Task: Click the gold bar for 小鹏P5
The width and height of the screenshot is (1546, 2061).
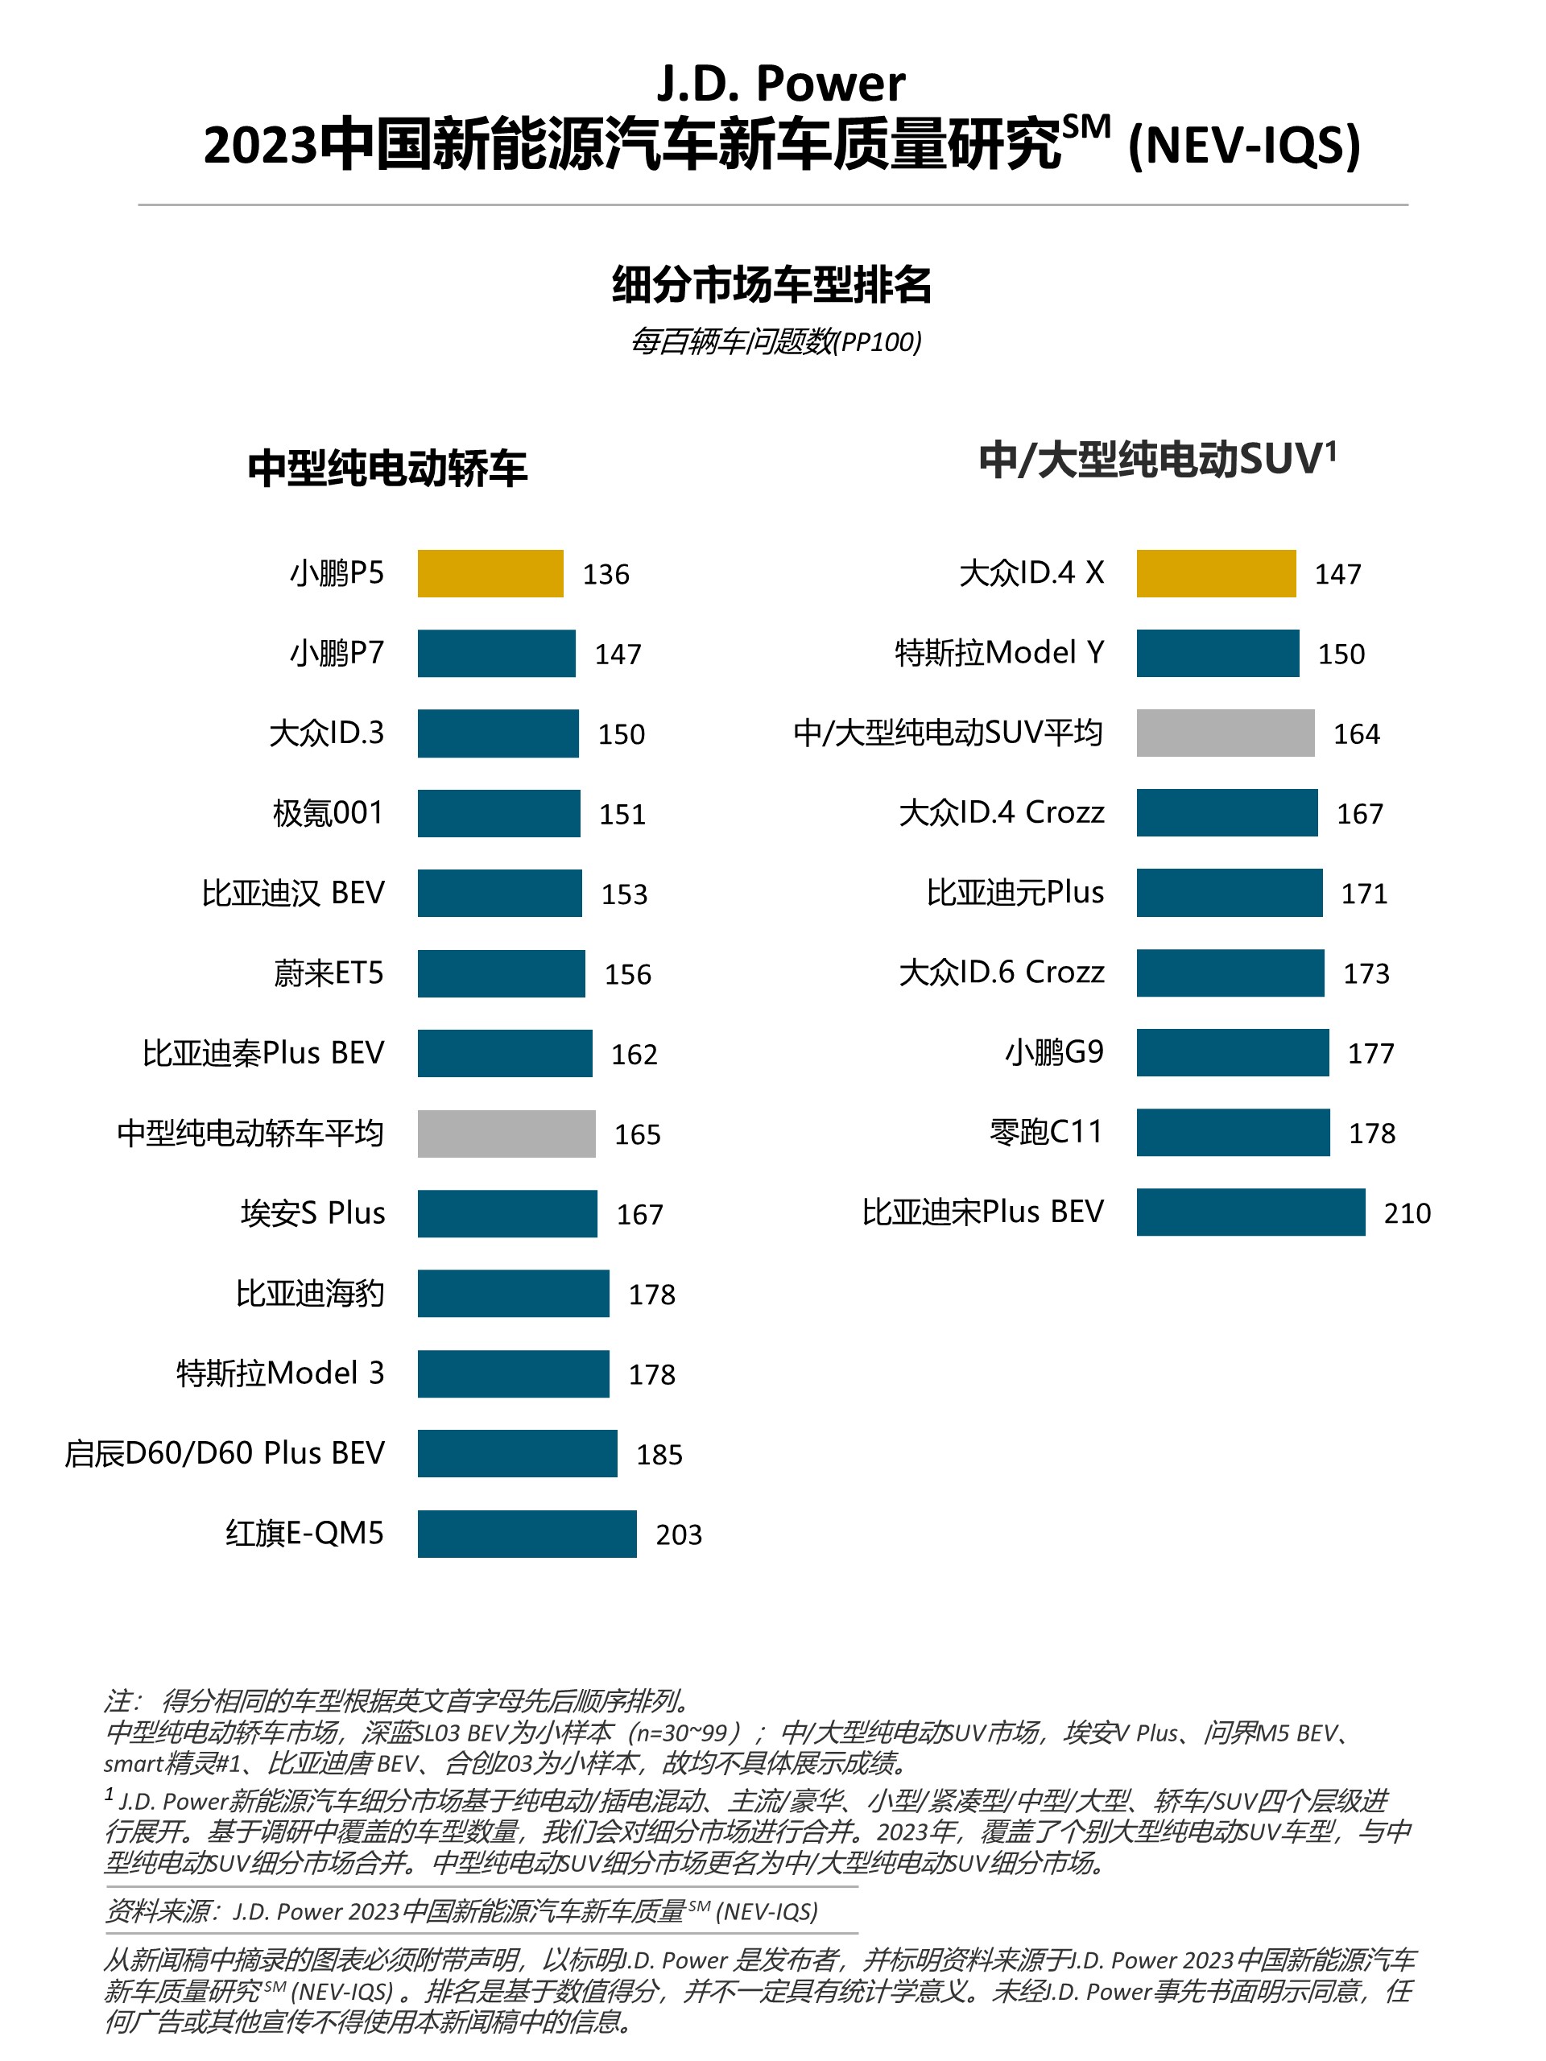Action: coord(490,573)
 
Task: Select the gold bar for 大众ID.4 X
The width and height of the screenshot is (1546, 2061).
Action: coord(1215,573)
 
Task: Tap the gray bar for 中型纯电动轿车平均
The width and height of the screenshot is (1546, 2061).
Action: coord(506,1133)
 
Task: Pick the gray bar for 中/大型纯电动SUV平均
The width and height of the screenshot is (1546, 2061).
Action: coord(1225,733)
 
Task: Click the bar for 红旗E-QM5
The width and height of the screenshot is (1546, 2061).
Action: coord(527,1533)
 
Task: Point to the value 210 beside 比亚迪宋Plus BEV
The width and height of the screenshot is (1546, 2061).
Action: coord(1406,1212)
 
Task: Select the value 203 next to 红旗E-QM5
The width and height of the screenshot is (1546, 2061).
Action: coord(679,1534)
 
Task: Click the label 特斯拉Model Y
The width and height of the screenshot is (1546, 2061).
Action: coord(999,652)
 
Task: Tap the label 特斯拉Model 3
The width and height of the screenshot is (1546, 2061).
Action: coord(280,1373)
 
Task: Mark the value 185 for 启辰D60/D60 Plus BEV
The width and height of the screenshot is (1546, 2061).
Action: coord(659,1453)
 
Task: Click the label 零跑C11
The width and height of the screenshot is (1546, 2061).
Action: coord(1046,1131)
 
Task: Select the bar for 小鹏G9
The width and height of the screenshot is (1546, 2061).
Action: coord(1232,1052)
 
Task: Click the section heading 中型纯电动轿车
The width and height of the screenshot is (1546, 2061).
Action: coord(386,468)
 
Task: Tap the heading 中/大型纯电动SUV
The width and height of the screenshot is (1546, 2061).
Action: coord(1156,460)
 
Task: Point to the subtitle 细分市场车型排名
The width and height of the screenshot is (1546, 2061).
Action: coord(771,284)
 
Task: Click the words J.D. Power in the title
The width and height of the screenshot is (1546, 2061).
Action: coord(781,84)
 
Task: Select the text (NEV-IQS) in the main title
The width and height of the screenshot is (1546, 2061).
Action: coord(1243,147)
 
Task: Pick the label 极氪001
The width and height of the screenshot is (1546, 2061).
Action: coord(328,812)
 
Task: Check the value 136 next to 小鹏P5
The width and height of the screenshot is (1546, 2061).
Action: coord(606,574)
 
